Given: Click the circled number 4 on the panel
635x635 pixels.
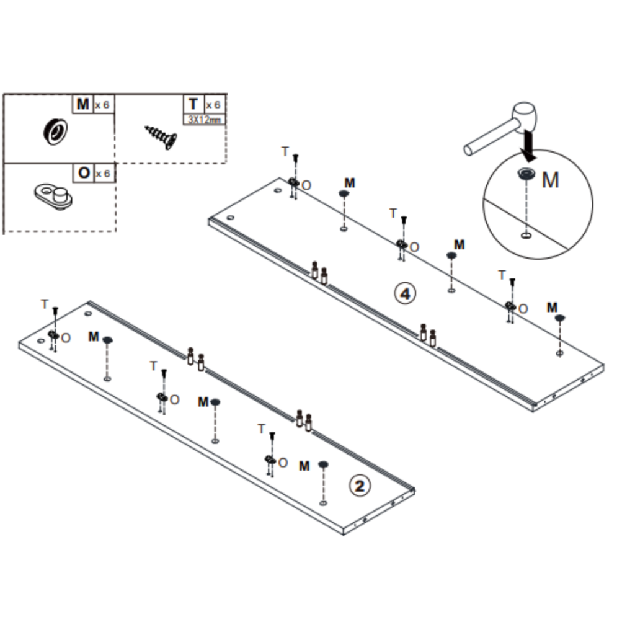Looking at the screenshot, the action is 405,293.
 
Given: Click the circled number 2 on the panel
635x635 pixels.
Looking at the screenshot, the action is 360,486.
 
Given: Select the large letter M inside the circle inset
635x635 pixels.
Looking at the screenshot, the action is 551,180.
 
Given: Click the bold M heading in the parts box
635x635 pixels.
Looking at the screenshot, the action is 82,104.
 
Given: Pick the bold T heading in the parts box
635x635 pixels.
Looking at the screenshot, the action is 193,104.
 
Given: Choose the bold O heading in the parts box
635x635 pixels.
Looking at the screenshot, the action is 84,173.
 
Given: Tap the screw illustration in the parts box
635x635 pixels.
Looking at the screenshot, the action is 161,137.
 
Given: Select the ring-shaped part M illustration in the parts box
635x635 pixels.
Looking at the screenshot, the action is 55,131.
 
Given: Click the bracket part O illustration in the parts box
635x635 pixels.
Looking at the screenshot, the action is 53,197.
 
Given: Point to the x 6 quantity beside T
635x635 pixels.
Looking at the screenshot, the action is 213,105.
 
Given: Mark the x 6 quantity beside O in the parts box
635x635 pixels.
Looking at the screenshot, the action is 102,174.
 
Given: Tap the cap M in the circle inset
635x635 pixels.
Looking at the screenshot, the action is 526,174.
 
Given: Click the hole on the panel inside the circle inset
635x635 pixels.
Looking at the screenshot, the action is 526,235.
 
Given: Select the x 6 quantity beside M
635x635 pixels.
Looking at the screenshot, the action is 102,105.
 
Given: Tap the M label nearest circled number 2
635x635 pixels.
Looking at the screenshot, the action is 304,466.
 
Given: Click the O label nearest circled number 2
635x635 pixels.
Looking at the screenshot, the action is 283,463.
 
